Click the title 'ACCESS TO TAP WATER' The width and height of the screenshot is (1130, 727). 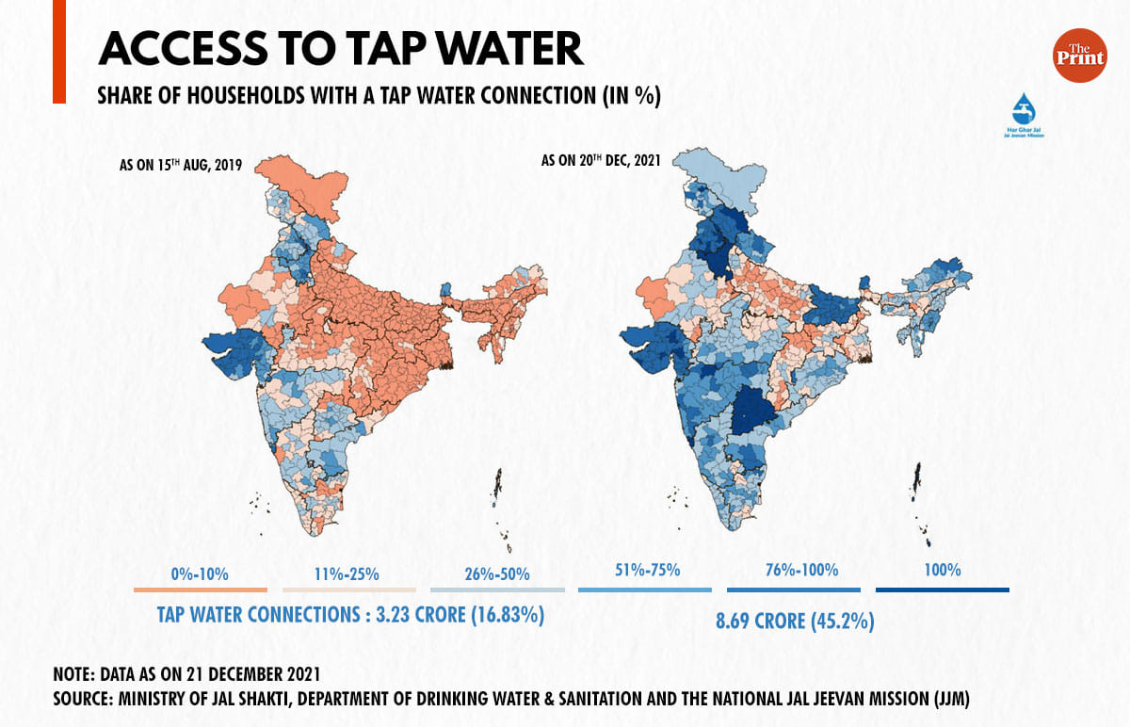(x=340, y=47)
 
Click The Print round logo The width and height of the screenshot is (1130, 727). (x=1079, y=56)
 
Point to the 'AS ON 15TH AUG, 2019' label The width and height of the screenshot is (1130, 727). (x=180, y=165)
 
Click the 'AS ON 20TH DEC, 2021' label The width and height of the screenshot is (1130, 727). (x=604, y=161)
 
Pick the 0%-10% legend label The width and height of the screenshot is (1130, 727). (x=200, y=573)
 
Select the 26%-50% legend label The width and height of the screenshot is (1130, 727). (x=497, y=573)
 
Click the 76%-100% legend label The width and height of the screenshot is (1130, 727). (x=794, y=570)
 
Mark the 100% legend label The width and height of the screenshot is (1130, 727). (x=942, y=570)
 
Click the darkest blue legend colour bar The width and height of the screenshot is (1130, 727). (x=942, y=590)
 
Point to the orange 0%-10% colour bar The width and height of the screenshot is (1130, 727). (x=200, y=590)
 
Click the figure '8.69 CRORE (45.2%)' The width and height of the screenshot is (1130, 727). (x=794, y=623)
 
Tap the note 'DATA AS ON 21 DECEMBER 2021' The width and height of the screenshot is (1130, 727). (x=186, y=674)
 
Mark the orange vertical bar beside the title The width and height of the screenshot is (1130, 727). (x=58, y=52)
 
